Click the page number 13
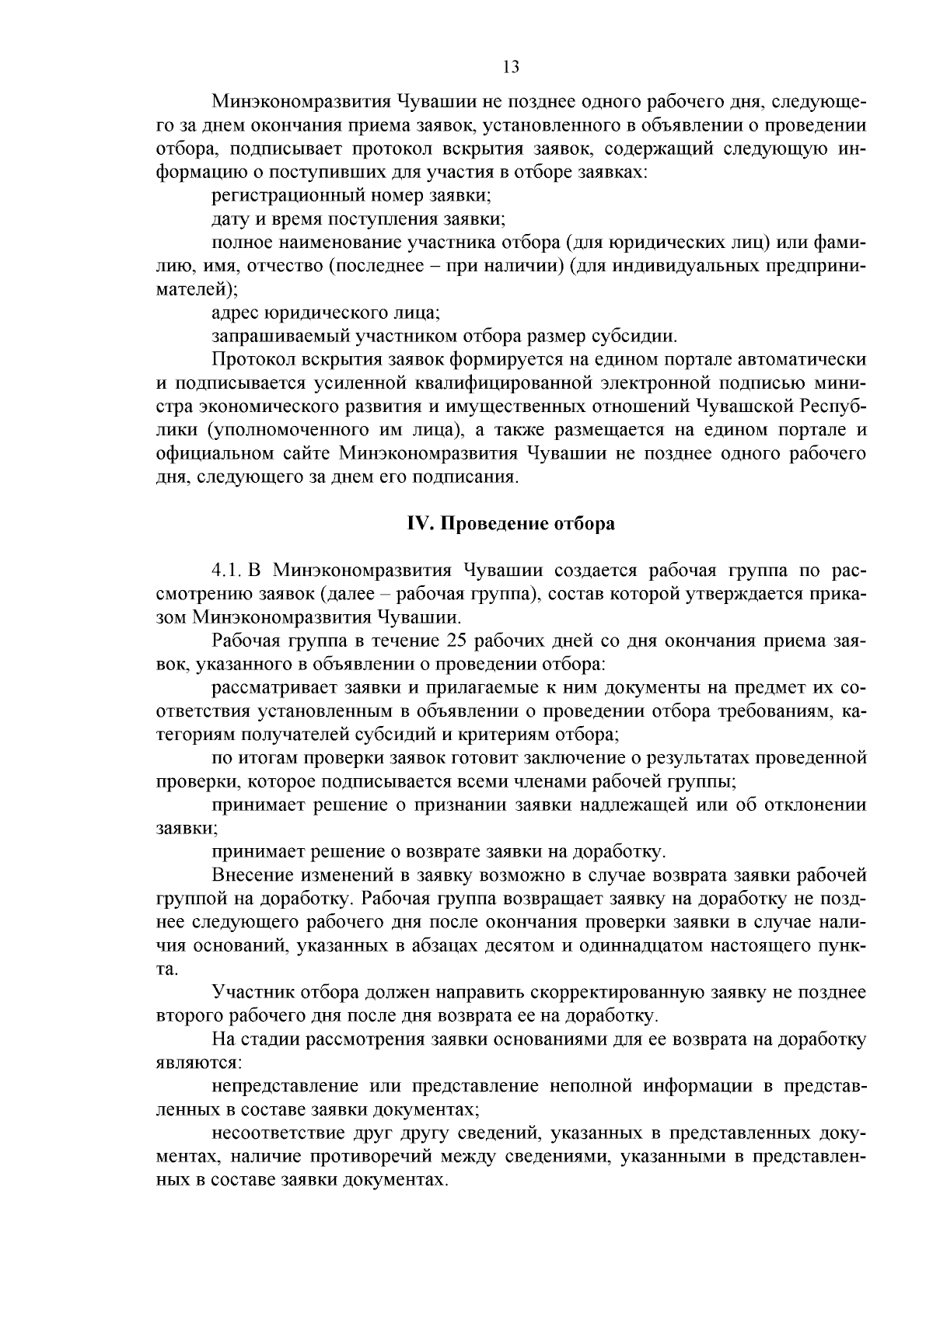pyautogui.click(x=511, y=67)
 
